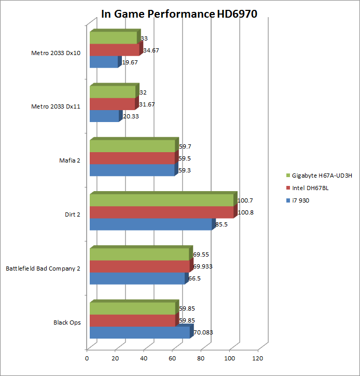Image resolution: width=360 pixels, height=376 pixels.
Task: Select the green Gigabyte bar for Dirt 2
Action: [x=161, y=200]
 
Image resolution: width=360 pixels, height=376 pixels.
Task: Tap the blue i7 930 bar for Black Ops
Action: [x=140, y=333]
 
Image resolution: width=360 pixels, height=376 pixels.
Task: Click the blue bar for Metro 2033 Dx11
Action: [x=104, y=116]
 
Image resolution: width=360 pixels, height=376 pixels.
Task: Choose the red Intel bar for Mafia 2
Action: [x=132, y=158]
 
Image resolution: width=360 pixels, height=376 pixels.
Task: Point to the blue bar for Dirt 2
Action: [x=150, y=224]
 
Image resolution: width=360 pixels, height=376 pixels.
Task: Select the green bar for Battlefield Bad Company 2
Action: [x=139, y=254]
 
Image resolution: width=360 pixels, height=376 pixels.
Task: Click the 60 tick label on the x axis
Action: [x=172, y=358]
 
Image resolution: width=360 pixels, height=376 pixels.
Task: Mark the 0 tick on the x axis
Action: [x=87, y=358]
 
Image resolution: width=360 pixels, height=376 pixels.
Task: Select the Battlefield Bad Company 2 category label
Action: [x=43, y=268]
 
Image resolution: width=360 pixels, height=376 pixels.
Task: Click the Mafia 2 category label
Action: [x=70, y=160]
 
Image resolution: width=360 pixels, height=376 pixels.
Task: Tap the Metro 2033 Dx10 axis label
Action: [x=56, y=53]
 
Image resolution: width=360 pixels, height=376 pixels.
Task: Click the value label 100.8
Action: [x=246, y=212]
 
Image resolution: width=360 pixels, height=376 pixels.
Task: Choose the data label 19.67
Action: [x=130, y=62]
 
